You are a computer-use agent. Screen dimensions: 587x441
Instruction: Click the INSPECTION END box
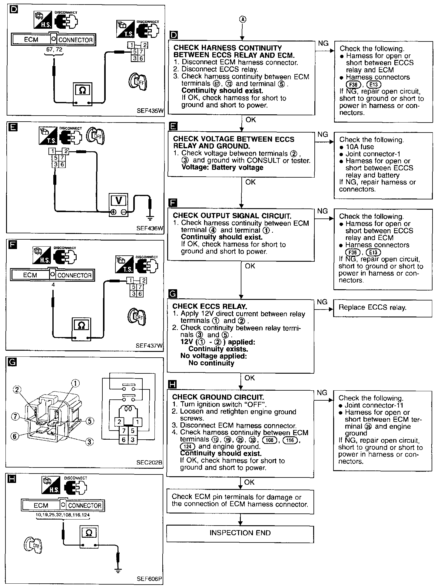[240, 533]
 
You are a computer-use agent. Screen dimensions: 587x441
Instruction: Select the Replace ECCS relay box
[382, 308]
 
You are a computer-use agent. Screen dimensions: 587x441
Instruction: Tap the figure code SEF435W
[150, 111]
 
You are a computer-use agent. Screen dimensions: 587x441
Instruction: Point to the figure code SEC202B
[149, 462]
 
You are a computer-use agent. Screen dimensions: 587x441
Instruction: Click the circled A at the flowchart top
[243, 19]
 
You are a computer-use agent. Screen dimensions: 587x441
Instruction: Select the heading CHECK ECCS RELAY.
[210, 306]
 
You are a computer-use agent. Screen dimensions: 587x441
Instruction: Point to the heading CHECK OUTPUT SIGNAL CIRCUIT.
[232, 216]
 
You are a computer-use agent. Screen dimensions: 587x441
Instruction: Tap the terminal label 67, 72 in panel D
[55, 49]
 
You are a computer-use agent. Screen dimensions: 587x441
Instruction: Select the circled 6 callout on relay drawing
[15, 436]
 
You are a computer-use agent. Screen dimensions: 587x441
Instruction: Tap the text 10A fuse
[360, 147]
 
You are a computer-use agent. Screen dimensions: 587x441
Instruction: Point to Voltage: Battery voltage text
[222, 168]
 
